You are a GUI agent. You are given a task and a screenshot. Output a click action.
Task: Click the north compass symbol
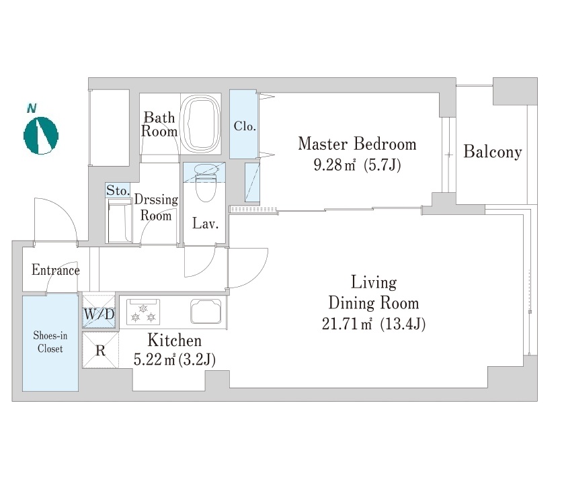tap(41, 136)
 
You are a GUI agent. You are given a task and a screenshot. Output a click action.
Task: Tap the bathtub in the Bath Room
tap(200, 124)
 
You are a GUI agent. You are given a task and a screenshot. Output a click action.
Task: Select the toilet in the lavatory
tap(206, 182)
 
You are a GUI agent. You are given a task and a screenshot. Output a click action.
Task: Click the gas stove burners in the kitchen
tap(143, 312)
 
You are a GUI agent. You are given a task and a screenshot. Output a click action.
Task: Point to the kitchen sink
tap(206, 311)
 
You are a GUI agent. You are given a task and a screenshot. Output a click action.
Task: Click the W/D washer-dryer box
tap(99, 311)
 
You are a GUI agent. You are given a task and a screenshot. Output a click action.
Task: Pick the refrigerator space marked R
tap(100, 350)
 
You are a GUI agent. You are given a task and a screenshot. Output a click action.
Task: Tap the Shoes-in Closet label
tap(50, 342)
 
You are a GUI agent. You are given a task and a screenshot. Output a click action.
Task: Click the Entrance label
tap(56, 270)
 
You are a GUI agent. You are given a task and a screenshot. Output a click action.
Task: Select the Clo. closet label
tap(245, 126)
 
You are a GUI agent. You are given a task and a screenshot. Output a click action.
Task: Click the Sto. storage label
tap(118, 191)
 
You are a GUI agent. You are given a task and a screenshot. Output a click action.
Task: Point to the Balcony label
tap(493, 152)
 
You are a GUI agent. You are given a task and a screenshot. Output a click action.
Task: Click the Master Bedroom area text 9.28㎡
tap(335, 165)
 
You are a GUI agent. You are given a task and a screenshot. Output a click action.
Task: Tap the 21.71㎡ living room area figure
tap(346, 324)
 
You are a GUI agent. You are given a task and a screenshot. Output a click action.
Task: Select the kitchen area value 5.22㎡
tap(154, 359)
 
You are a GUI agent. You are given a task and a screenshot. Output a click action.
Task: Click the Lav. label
tap(206, 224)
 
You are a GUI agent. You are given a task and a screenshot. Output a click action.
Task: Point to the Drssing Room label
tap(156, 208)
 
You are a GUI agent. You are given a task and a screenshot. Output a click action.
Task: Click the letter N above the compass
tap(32, 108)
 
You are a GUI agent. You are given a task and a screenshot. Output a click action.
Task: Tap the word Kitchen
tap(175, 341)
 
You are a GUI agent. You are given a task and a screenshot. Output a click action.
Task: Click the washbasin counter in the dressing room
tap(120, 222)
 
